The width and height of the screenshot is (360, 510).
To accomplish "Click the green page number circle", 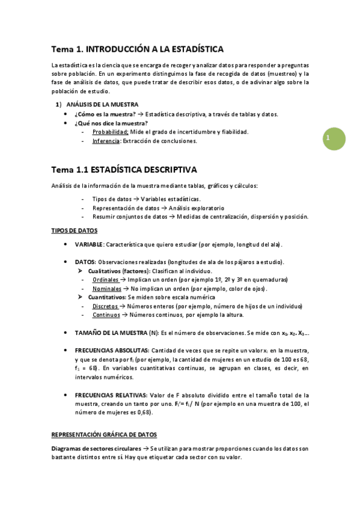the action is click(x=332, y=139).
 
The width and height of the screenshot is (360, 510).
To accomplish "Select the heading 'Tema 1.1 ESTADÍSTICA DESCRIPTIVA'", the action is click(x=124, y=170).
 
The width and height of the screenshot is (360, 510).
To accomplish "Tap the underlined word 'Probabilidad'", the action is click(x=110, y=132).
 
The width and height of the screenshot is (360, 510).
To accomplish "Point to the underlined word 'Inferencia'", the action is click(x=106, y=141).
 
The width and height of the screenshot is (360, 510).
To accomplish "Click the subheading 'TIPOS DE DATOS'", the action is click(x=74, y=230).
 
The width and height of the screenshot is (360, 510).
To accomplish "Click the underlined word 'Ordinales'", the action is click(x=106, y=280).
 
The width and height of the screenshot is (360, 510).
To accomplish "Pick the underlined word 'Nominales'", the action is click(x=106, y=289).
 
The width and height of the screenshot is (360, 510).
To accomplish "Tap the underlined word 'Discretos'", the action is click(x=106, y=306).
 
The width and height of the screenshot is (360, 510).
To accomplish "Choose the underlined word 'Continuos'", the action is click(x=106, y=315).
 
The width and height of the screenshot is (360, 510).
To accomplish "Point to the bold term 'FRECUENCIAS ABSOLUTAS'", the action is click(x=112, y=350).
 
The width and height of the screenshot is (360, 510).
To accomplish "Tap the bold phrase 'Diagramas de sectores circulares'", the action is click(x=94, y=449).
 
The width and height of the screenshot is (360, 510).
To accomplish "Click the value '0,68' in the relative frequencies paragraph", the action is click(x=142, y=413).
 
